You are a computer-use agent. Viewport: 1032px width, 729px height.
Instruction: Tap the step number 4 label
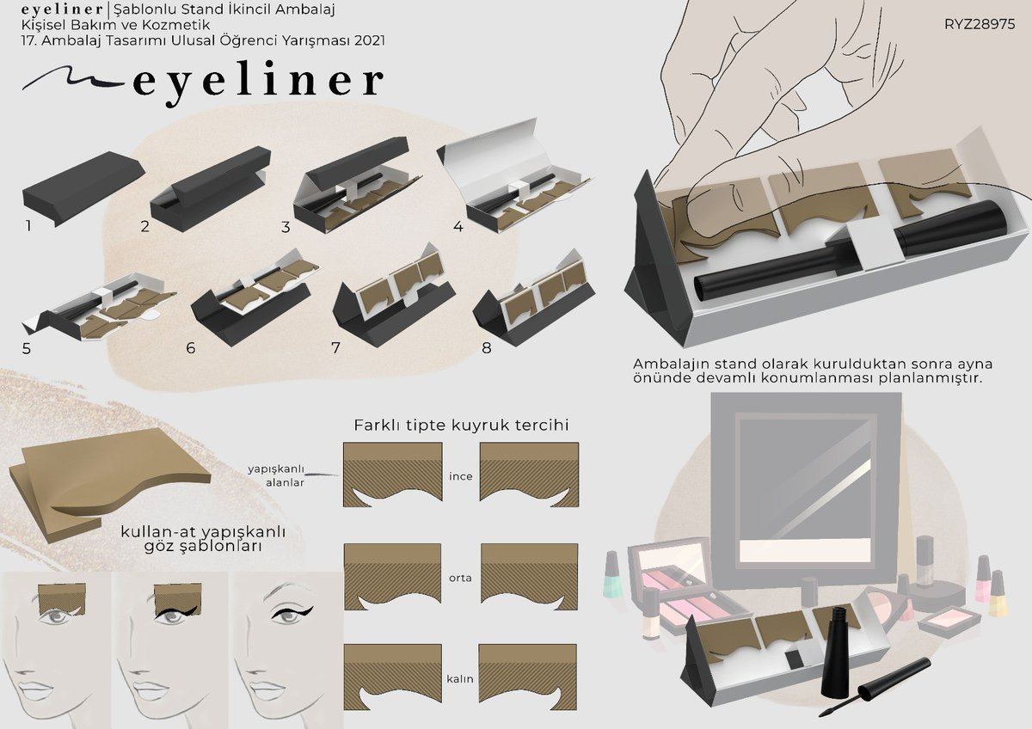458,228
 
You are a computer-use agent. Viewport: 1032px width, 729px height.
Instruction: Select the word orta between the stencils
461,578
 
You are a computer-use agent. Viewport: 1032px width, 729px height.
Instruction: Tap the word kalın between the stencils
461,679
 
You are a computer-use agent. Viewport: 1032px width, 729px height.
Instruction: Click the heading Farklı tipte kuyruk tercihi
461,426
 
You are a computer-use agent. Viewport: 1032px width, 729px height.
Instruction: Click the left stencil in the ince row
392,475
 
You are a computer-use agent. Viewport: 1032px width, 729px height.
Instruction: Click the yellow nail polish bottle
997,593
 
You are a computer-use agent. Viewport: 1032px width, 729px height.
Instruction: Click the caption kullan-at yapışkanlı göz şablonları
203,539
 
